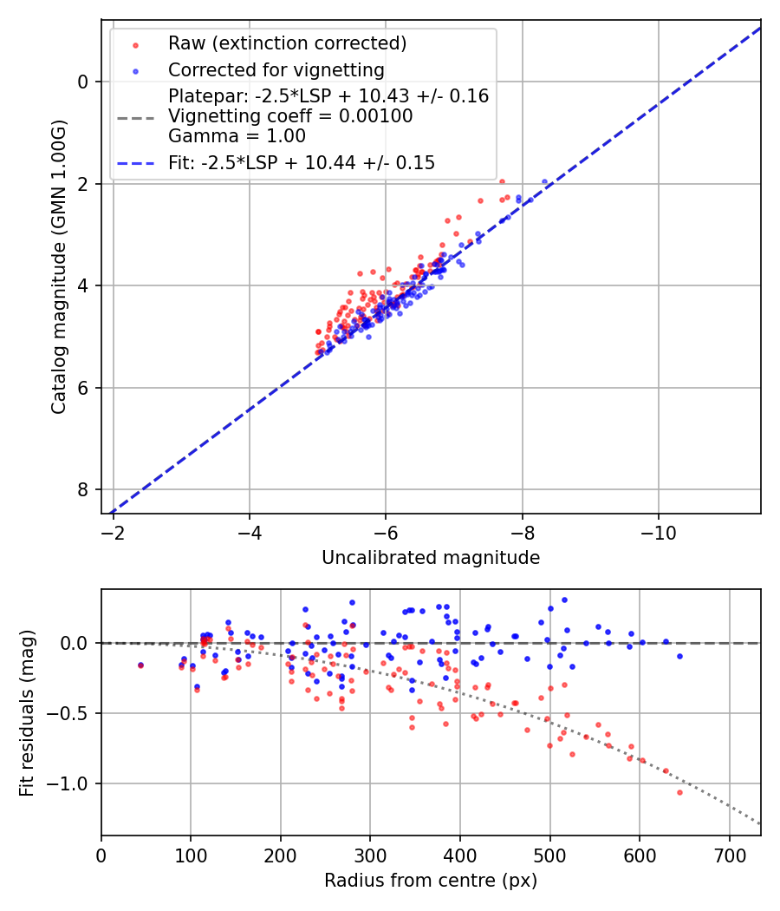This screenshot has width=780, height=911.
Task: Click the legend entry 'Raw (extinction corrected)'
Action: pos(287,43)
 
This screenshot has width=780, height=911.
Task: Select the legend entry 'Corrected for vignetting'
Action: pos(276,69)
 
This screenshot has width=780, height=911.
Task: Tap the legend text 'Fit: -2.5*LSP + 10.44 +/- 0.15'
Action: pos(302,162)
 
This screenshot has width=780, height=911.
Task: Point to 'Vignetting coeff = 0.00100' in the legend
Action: pos(290,116)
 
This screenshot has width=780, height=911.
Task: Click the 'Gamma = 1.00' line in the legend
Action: pos(237,136)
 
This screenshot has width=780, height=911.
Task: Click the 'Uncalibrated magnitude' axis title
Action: pos(431,558)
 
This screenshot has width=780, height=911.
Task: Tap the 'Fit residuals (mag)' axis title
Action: pos(27,713)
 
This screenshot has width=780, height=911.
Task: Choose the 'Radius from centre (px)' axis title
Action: pos(431,881)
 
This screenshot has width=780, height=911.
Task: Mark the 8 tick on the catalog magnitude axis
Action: pos(84,490)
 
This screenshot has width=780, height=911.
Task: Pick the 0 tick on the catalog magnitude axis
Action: pos(84,82)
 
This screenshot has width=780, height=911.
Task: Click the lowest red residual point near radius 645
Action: pos(679,792)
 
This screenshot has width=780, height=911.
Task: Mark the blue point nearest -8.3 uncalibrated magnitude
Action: pos(544,182)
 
